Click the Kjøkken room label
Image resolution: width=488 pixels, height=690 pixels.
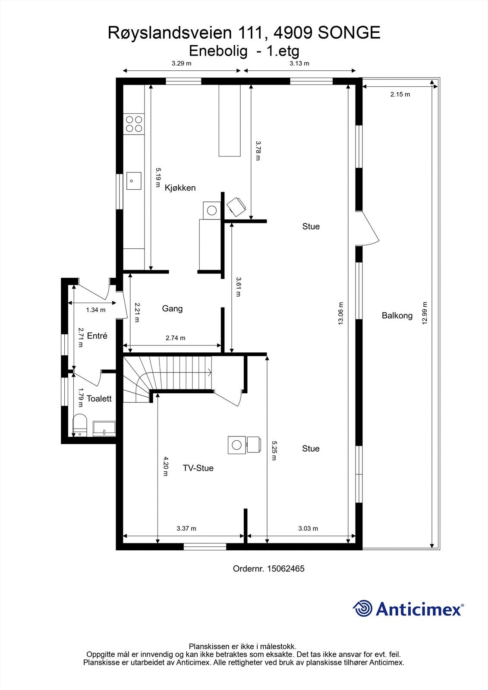tap(180, 188)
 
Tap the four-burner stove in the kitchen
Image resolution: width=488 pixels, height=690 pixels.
tap(133, 124)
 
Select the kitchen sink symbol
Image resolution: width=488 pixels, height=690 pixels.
tap(133, 181)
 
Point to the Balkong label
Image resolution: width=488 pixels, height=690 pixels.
tap(397, 316)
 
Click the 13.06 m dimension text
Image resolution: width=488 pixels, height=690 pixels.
tap(340, 313)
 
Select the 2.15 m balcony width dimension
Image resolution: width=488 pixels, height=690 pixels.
tap(400, 94)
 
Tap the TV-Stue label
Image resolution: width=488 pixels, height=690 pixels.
tap(198, 468)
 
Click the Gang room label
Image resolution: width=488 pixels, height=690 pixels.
tap(172, 309)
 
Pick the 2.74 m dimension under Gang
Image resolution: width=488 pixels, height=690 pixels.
tap(175, 338)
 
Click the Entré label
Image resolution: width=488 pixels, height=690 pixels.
tap(97, 336)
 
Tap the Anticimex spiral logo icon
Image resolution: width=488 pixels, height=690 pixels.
tap(362, 608)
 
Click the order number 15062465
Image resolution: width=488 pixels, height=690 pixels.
tap(286, 569)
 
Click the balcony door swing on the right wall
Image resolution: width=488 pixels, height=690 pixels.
tap(369, 229)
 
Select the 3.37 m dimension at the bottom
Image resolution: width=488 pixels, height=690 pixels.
tap(186, 529)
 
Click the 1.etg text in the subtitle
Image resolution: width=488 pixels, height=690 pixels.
tap(283, 51)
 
